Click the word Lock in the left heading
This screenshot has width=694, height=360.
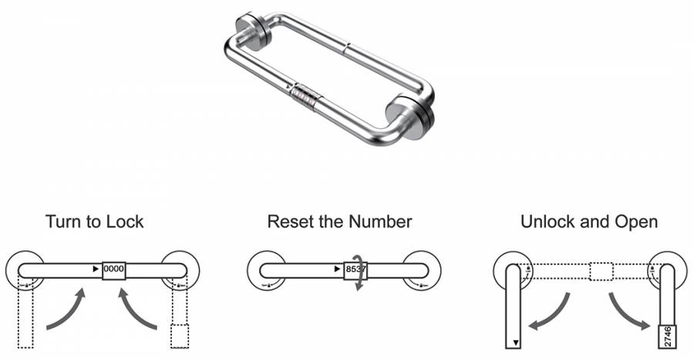[x=126, y=221]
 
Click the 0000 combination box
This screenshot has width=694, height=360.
[x=114, y=269]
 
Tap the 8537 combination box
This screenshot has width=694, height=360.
[x=355, y=269]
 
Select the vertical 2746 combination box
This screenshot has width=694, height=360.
[x=668, y=337]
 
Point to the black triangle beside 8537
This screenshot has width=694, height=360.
[x=338, y=269]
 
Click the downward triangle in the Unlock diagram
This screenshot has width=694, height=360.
[x=515, y=342]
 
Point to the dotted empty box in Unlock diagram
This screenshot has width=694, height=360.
[x=601, y=271]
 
